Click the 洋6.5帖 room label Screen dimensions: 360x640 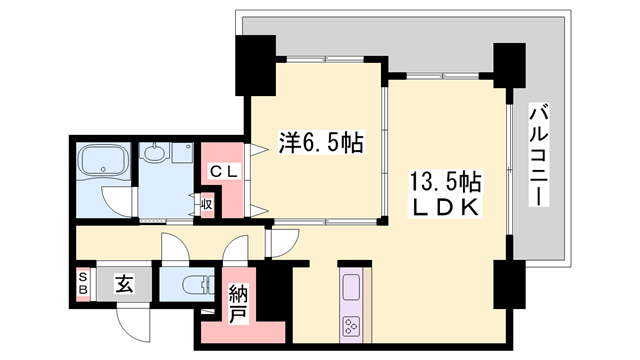click(x=319, y=144)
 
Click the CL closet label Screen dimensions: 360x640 click(x=223, y=172)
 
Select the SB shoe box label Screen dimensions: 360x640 click(x=84, y=282)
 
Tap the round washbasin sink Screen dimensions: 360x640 click(x=155, y=154)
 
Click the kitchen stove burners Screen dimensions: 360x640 click(x=353, y=325)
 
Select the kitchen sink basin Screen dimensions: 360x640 click(x=353, y=289)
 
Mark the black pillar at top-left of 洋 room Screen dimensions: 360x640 click(x=255, y=64)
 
